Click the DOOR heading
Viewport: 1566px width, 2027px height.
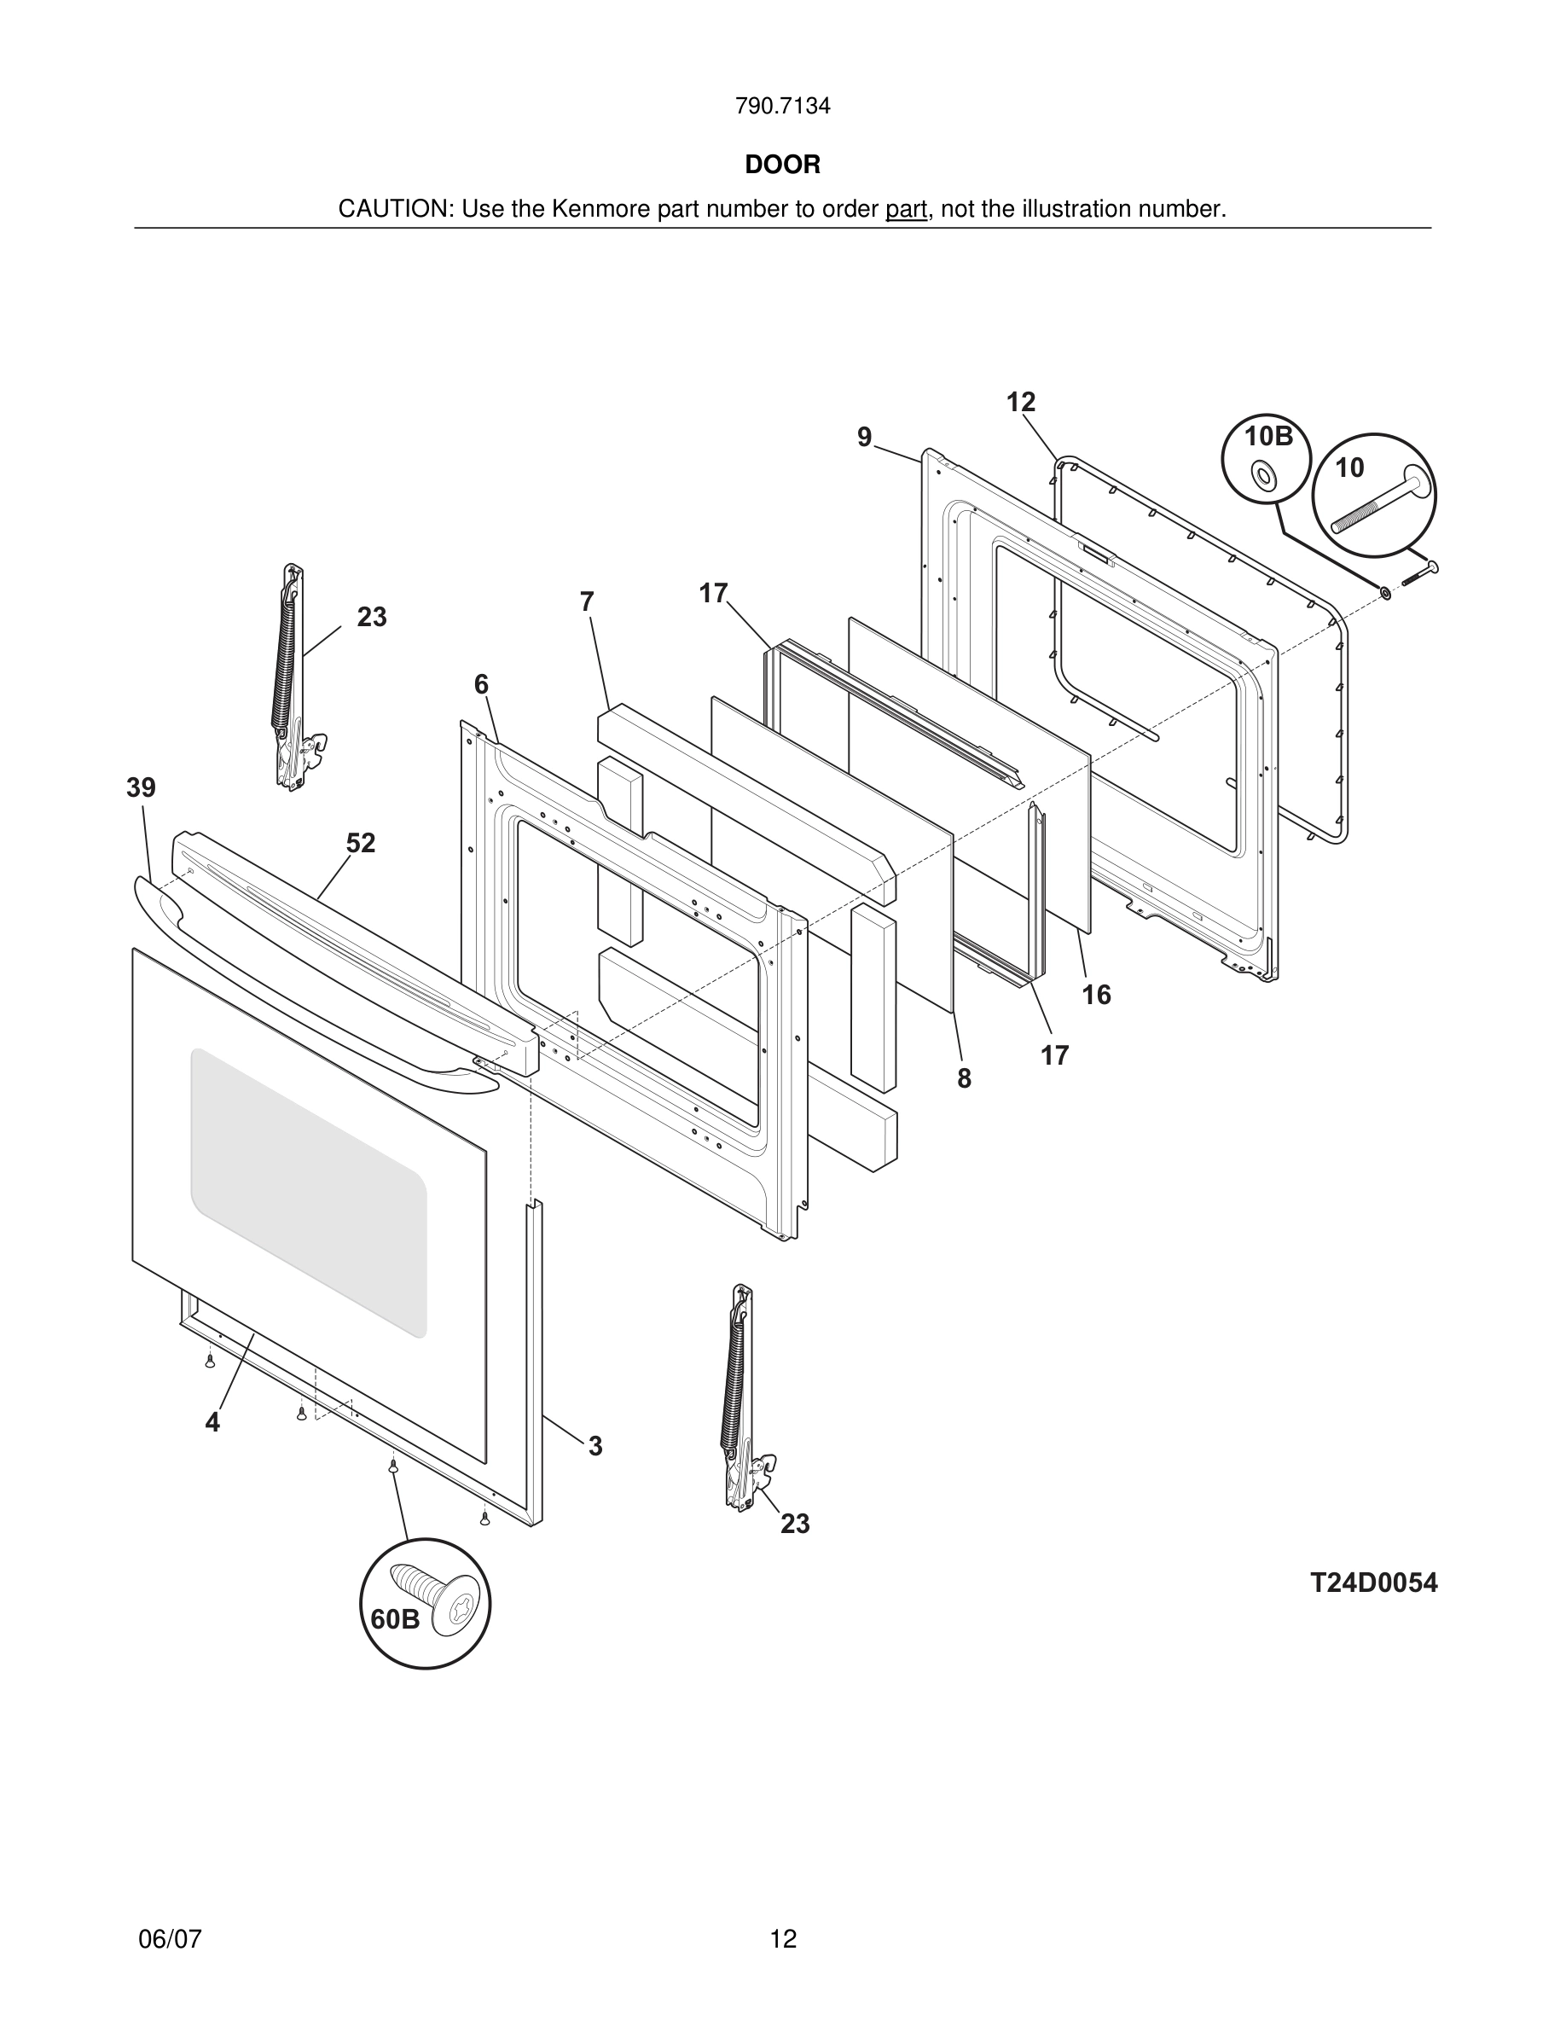[782, 166]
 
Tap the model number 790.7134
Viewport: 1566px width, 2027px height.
[782, 107]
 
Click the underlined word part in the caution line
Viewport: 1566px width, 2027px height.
[906, 210]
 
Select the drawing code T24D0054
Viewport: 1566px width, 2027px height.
[1373, 1583]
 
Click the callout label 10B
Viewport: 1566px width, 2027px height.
[1267, 436]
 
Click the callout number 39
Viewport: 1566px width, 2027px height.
[141, 788]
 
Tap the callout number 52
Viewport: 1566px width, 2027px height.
[361, 843]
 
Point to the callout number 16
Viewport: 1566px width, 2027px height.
[1096, 995]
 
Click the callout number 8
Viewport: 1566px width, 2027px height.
[964, 1078]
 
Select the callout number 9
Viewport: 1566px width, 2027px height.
[865, 437]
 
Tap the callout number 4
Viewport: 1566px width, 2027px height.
[212, 1422]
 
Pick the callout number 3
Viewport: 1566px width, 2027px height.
[594, 1446]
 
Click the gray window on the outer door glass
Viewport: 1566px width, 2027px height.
[308, 1192]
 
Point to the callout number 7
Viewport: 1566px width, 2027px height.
[586, 602]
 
